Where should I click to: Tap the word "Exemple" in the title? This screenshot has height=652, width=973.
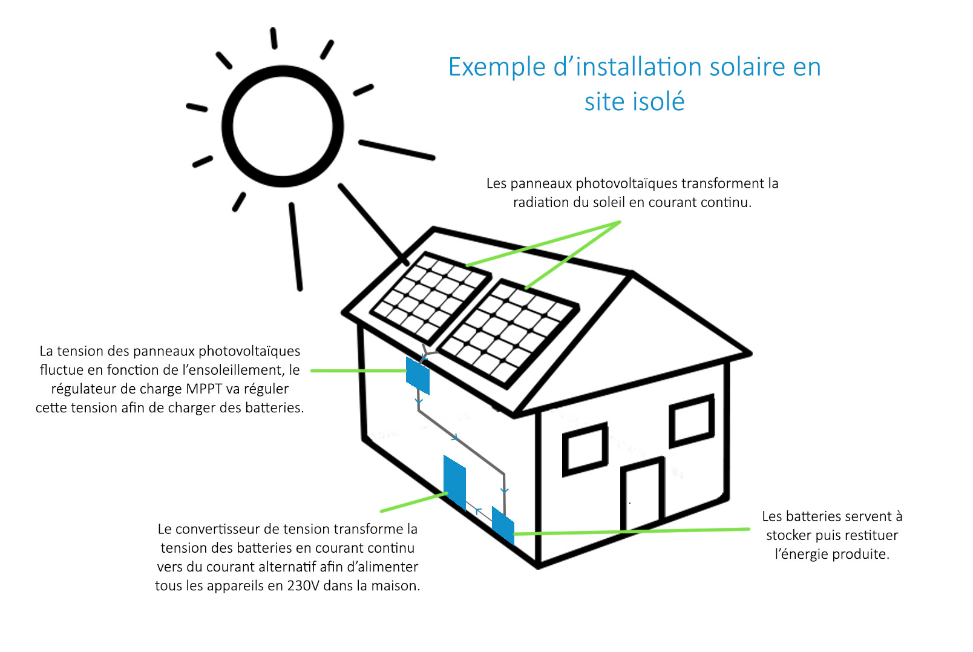496,67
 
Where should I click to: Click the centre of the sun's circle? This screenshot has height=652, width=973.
283,126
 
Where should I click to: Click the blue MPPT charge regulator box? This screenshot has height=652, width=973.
418,375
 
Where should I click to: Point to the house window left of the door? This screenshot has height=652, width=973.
585,450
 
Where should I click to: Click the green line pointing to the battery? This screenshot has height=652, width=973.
629,531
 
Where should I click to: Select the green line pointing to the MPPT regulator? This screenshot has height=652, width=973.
357,370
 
